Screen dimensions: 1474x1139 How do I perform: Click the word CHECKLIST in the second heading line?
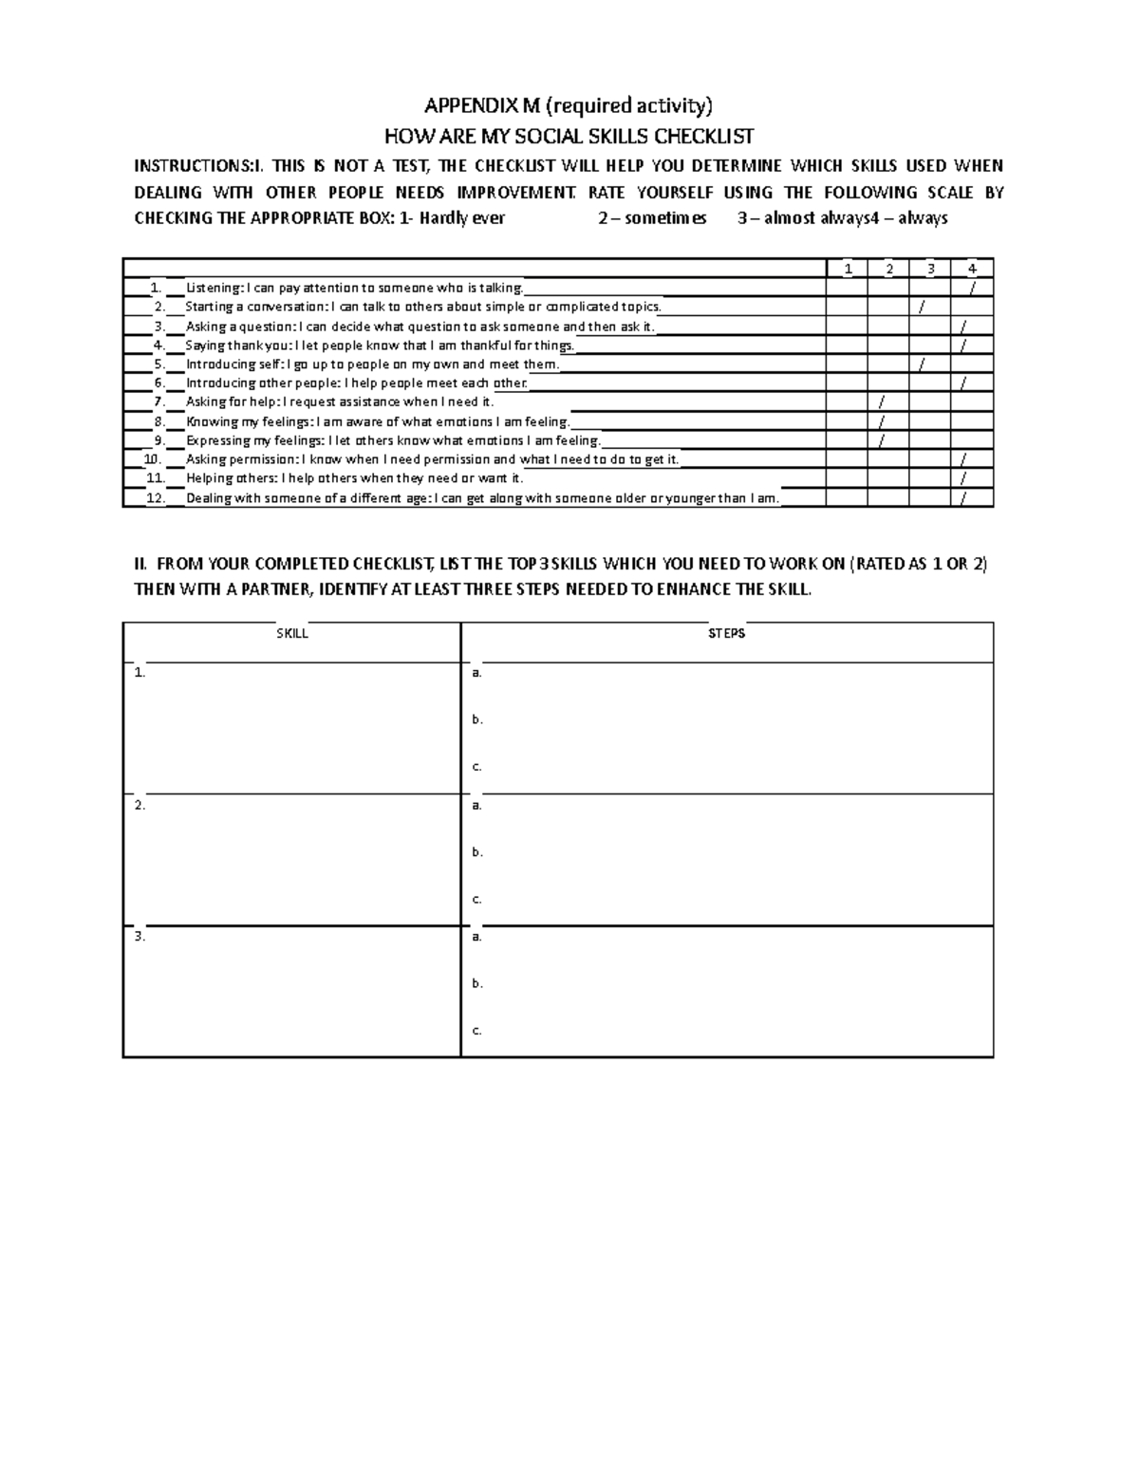point(698,136)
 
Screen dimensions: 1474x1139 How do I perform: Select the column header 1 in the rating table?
point(848,269)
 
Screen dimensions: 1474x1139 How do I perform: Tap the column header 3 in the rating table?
point(930,269)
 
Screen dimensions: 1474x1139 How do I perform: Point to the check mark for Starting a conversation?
point(921,308)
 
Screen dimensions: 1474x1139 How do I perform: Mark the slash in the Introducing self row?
point(921,364)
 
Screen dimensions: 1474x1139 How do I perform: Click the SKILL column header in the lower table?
point(291,633)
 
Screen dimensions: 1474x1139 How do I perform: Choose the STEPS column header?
point(727,633)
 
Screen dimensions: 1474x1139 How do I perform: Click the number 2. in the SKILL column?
point(140,805)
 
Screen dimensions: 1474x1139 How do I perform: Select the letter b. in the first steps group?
point(477,719)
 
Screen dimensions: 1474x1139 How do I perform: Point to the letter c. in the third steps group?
point(477,1030)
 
